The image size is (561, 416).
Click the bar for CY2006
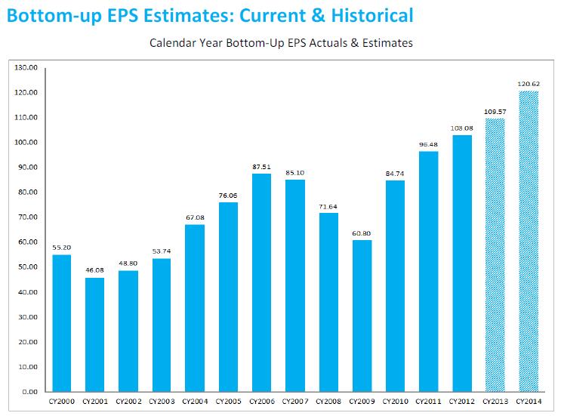[x=261, y=282]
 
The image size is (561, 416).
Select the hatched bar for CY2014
[x=529, y=242]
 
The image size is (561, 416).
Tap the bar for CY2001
[x=95, y=334]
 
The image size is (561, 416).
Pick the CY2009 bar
[x=362, y=316]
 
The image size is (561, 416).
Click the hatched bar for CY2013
[x=495, y=255]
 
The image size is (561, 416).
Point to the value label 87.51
[x=261, y=167]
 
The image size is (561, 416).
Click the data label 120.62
[x=529, y=84]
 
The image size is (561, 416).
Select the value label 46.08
[x=95, y=270]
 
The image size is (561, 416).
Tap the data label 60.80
[x=362, y=233]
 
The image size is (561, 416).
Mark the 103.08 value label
[x=461, y=128]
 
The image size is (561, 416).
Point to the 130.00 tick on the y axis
[x=26, y=68]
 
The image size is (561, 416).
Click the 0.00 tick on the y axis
[x=29, y=392]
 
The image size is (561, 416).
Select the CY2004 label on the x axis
[x=195, y=402]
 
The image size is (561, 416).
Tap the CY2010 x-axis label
[x=395, y=402]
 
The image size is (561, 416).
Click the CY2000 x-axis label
[x=62, y=402]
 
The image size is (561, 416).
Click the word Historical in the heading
[x=372, y=16]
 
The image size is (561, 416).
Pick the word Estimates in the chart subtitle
[x=387, y=43]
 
